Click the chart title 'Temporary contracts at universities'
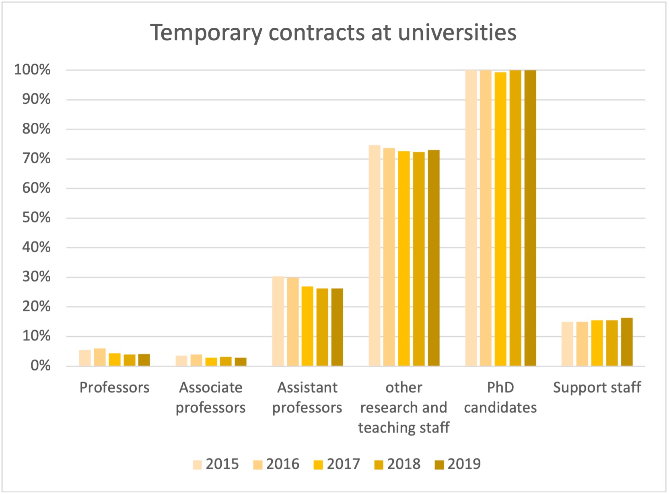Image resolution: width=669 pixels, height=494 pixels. [333, 32]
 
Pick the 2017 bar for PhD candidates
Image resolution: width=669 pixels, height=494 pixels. [500, 219]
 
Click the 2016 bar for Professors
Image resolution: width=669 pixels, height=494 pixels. [100, 357]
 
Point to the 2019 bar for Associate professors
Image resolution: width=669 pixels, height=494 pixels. [241, 362]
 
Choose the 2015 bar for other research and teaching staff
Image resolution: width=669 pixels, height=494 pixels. [375, 255]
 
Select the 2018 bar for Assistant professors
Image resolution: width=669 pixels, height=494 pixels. [322, 327]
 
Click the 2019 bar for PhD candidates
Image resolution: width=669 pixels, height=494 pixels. [530, 218]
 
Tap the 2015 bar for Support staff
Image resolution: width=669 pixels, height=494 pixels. [567, 344]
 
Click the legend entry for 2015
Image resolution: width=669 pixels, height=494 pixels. [216, 464]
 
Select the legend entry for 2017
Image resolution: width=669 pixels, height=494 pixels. [337, 464]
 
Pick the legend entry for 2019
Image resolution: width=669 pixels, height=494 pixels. [458, 464]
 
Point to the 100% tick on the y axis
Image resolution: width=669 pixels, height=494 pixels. [33, 70]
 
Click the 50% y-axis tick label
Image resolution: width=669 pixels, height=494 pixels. [37, 218]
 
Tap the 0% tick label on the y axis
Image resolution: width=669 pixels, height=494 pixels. [41, 366]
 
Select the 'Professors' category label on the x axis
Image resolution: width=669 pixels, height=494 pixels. [114, 387]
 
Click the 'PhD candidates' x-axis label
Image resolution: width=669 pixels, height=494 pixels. [500, 397]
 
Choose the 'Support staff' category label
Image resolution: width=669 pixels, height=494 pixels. [597, 387]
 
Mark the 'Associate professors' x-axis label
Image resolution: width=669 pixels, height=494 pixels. [211, 397]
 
